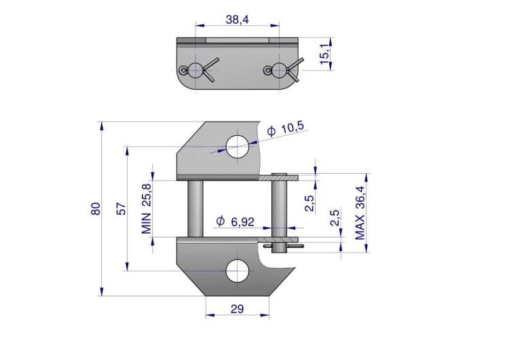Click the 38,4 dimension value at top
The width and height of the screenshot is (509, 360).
click(x=238, y=20)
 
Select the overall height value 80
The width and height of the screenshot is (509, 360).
click(x=96, y=209)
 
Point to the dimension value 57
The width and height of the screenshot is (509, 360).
click(x=121, y=209)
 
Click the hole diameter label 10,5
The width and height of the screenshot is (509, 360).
click(x=286, y=128)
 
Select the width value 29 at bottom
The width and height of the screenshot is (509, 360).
click(x=237, y=309)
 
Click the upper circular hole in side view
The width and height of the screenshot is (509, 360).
click(x=238, y=147)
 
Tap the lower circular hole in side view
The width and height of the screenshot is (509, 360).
click(x=238, y=270)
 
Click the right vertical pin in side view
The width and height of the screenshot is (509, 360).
click(x=278, y=207)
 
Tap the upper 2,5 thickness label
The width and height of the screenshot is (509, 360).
click(x=309, y=203)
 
